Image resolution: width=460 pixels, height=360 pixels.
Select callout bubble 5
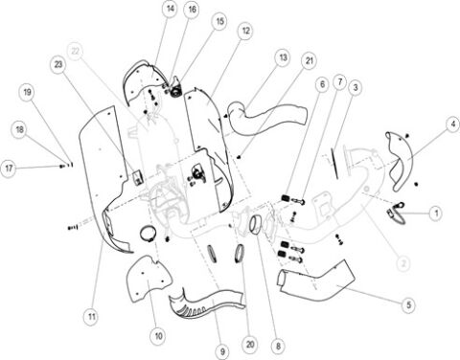point(408,304)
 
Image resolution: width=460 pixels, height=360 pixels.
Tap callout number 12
point(246,32)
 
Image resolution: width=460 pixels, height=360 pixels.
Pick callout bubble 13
point(282,57)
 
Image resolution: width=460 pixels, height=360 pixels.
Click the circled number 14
point(170,10)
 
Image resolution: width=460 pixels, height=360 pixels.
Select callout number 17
point(10,168)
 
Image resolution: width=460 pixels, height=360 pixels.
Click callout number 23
point(58,65)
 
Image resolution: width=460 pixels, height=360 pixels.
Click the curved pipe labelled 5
point(316,284)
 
